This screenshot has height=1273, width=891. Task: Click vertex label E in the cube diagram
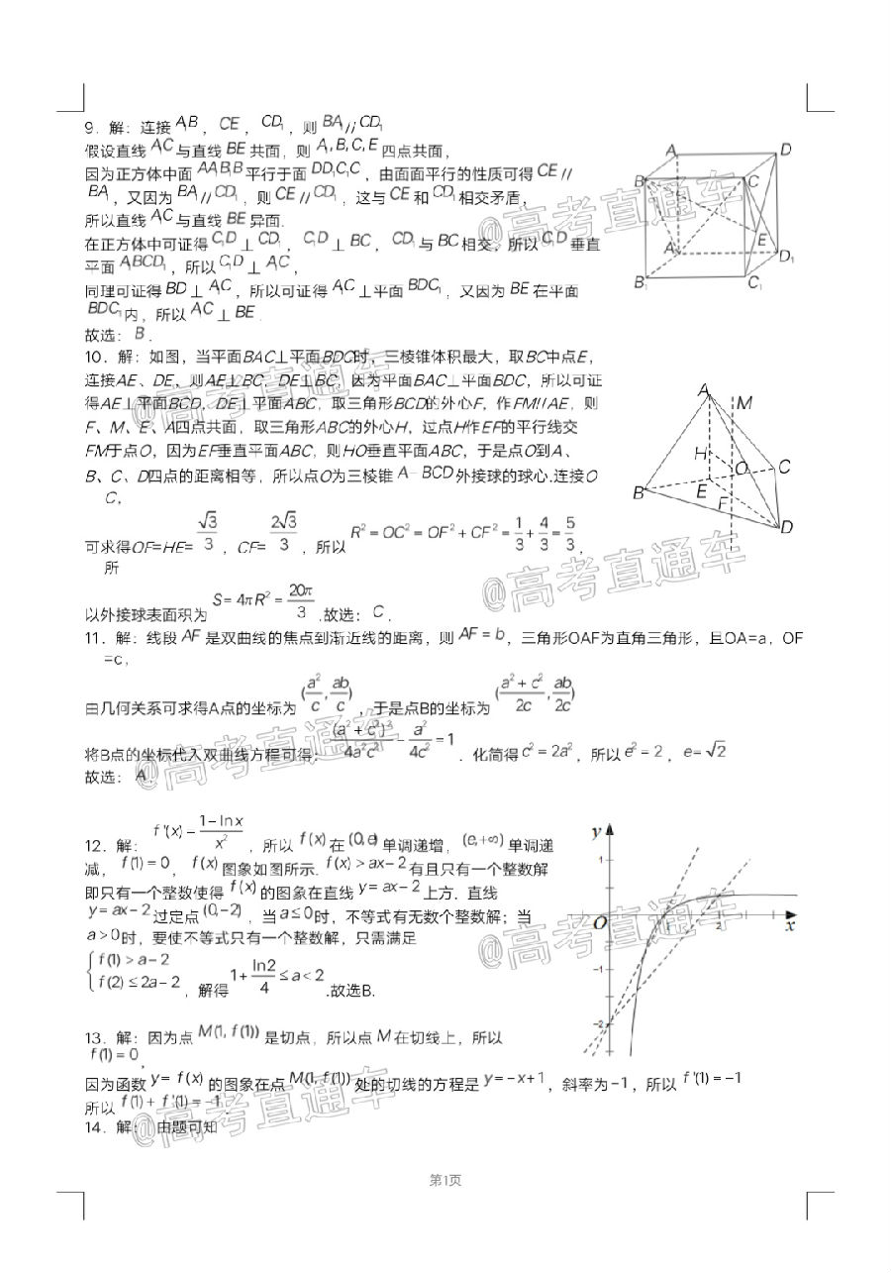tap(761, 241)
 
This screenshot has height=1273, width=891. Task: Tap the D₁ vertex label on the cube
tap(786, 259)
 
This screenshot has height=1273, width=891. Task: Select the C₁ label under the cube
tap(754, 285)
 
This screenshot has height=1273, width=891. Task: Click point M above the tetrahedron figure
tap(745, 402)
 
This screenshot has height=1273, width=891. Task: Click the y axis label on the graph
tap(596, 830)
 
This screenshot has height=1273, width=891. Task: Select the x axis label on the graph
tap(789, 927)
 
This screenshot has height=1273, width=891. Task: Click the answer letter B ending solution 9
tap(140, 333)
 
